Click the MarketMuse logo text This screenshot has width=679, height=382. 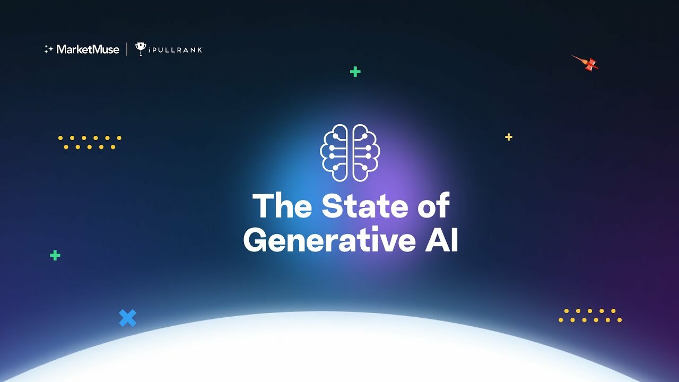click(88, 49)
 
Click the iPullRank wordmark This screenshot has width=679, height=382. click(176, 50)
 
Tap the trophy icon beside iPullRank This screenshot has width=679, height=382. click(141, 49)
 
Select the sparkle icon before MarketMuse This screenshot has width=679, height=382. click(48, 49)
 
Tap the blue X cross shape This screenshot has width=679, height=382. click(128, 318)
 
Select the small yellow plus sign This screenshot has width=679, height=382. click(509, 137)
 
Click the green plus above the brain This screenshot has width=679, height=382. click(355, 72)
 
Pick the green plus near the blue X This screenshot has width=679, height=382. click(55, 255)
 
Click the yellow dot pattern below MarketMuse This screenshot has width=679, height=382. click(90, 142)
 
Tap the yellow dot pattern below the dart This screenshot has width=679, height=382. click(590, 315)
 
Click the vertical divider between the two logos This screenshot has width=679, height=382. click(127, 49)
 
